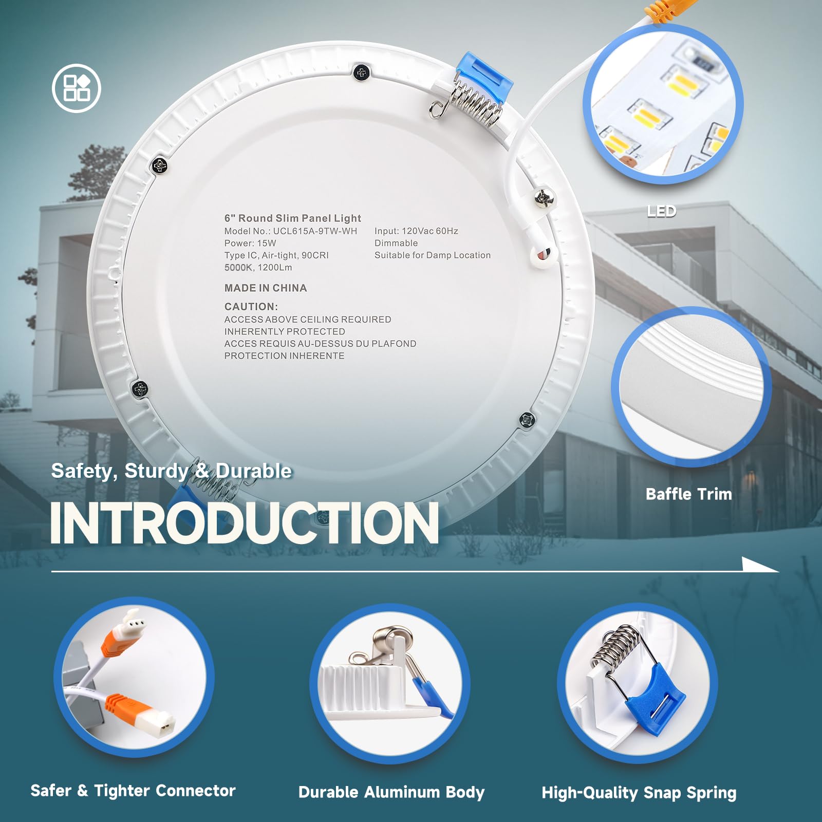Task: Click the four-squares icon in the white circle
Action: [x=77, y=88]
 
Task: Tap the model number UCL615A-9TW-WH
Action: [x=315, y=231]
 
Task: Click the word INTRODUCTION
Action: [x=245, y=522]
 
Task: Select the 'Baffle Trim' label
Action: [x=689, y=494]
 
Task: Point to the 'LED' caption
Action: [x=661, y=211]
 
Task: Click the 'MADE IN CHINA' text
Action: [x=266, y=288]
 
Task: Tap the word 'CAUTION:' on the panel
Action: [x=251, y=307]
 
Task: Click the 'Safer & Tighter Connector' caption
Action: [x=133, y=791]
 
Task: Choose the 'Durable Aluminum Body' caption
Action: [x=391, y=792]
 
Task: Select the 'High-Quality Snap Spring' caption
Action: [x=639, y=793]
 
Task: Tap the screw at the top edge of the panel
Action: [x=362, y=72]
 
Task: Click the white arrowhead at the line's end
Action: [x=760, y=565]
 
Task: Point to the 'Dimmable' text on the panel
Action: [x=396, y=243]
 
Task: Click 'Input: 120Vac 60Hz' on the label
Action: [x=416, y=231]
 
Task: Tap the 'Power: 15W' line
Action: [x=250, y=243]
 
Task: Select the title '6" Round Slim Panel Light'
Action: [x=293, y=218]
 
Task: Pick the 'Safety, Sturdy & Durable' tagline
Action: [x=172, y=471]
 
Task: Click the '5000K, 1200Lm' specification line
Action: [x=258, y=268]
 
